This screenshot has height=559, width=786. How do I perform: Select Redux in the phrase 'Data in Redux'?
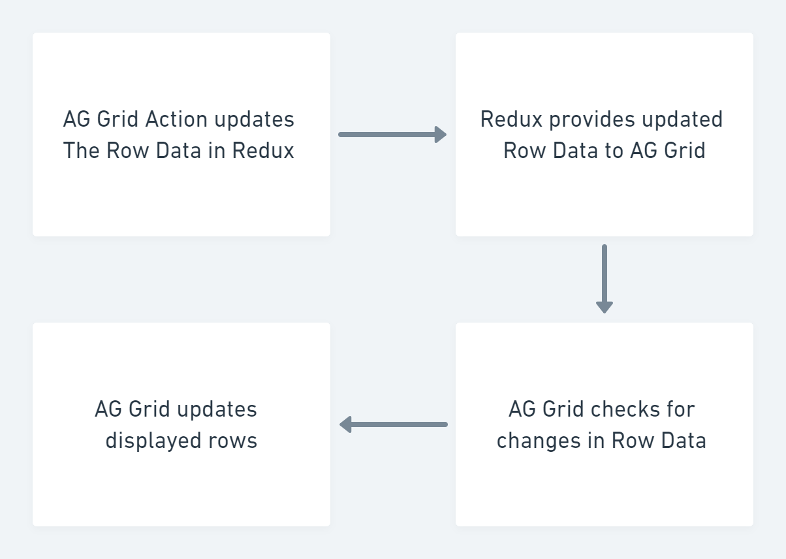(x=263, y=151)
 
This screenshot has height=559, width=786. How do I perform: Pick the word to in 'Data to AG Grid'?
(x=614, y=151)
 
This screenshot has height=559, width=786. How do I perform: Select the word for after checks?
(x=680, y=409)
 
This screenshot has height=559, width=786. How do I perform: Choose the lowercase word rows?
(x=233, y=441)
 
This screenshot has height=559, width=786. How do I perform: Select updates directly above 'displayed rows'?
(x=217, y=409)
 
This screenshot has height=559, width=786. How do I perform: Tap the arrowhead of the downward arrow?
(x=605, y=306)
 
